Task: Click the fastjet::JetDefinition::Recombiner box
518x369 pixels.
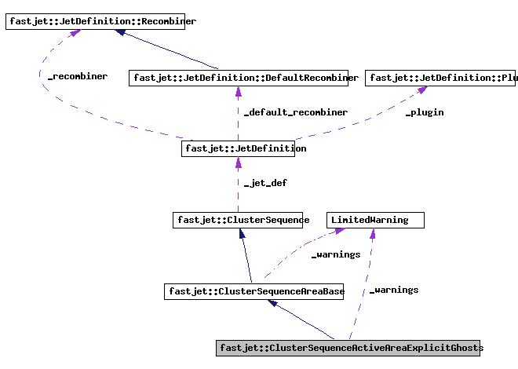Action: point(100,22)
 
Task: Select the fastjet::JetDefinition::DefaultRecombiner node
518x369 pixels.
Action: point(243,78)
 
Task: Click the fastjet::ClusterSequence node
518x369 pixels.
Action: point(241,220)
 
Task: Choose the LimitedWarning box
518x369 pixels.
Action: point(375,220)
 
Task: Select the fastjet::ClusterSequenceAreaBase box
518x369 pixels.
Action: point(256,291)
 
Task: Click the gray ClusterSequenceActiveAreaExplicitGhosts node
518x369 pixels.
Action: point(348,348)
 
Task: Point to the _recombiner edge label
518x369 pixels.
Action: point(77,77)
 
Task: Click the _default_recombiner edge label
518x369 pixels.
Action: point(295,112)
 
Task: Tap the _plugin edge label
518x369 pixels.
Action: point(424,112)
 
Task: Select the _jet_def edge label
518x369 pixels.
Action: point(265,183)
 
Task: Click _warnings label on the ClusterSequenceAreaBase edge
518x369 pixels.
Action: point(336,254)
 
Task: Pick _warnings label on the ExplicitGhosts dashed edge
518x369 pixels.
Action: point(394,290)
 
